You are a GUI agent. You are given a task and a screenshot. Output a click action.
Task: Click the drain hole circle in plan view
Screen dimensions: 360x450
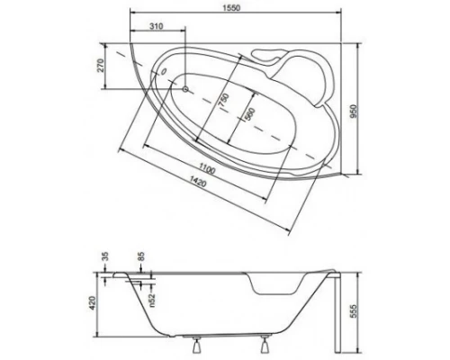tap(186, 89)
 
